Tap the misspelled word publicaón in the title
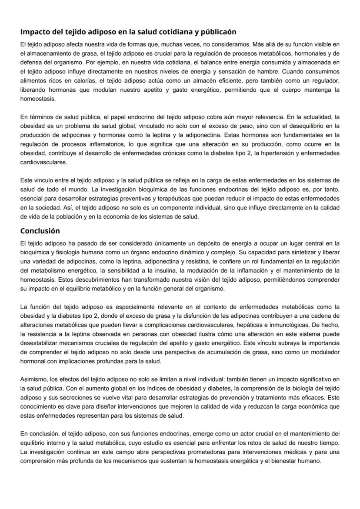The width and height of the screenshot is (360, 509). click(x=216, y=32)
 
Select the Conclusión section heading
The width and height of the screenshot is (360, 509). click(x=40, y=231)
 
